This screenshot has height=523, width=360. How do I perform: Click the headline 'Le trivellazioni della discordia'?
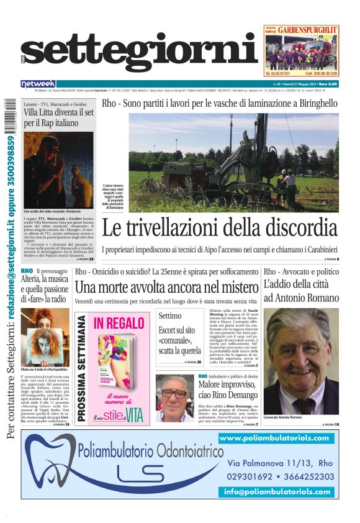click(x=220, y=229)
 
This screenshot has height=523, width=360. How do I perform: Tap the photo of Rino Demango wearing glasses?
click(x=174, y=398)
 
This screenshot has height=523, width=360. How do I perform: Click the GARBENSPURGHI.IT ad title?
click(x=306, y=29)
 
